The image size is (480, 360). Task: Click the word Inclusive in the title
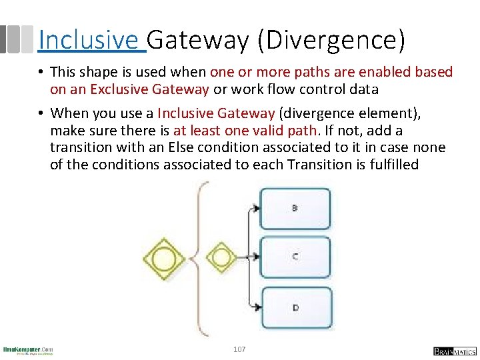[89, 40]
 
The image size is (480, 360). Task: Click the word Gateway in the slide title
[197, 40]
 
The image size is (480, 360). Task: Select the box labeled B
[295, 208]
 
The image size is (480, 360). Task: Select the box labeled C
[295, 257]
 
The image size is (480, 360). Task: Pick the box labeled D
[295, 308]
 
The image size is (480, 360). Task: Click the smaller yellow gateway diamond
[221, 257]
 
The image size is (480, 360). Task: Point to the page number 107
[239, 349]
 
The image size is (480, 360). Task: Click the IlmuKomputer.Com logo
[27, 350]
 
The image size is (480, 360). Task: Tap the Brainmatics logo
[454, 351]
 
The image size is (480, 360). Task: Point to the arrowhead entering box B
[255, 209]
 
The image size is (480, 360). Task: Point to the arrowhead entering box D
[255, 307]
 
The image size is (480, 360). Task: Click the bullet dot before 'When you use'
[41, 113]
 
